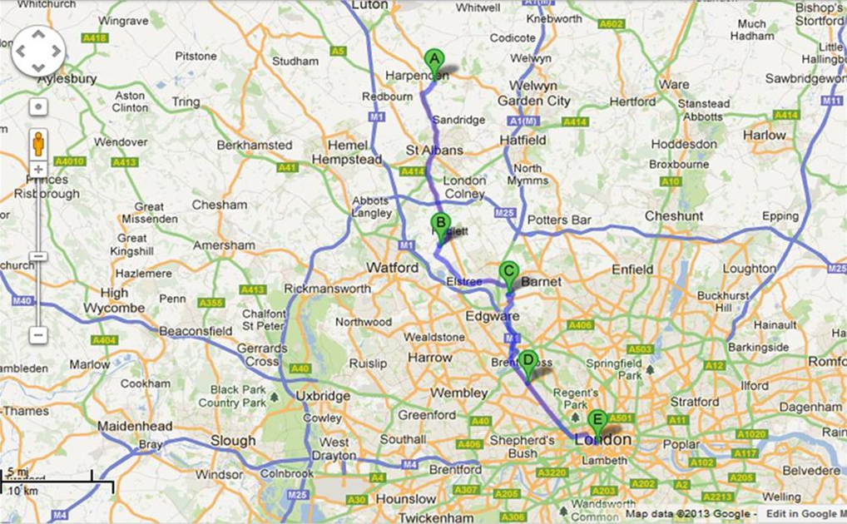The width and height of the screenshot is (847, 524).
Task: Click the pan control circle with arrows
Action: click(38, 52)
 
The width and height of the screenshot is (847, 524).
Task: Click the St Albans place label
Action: click(434, 150)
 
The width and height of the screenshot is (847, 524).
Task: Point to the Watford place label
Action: click(393, 268)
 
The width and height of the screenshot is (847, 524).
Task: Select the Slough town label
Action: click(233, 440)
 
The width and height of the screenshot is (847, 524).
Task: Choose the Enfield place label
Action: click(632, 269)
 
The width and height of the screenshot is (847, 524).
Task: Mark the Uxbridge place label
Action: click(323, 396)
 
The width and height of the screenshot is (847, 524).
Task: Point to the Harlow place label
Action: click(764, 135)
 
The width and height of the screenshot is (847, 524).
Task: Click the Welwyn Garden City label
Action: click(534, 93)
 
